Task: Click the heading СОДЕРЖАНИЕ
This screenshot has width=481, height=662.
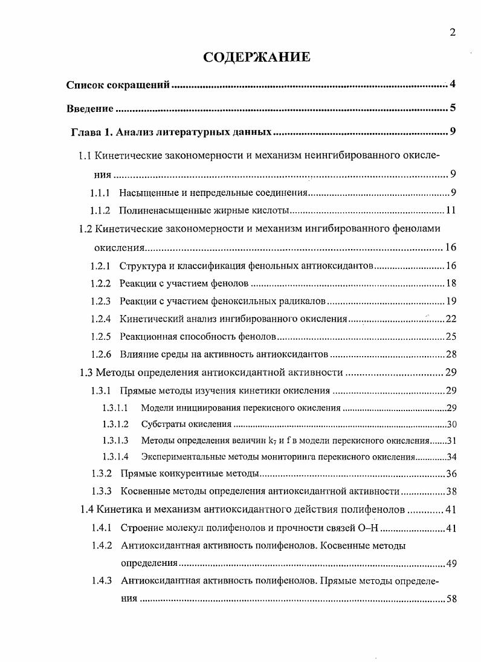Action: click(257, 57)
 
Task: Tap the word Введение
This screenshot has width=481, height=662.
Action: click(89, 109)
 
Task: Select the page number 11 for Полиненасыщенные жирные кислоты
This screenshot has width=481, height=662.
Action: click(450, 211)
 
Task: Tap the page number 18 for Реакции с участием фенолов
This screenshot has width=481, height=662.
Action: click(450, 284)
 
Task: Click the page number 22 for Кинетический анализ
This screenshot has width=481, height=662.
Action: click(450, 319)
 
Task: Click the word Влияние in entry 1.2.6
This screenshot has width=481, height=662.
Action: click(140, 354)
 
